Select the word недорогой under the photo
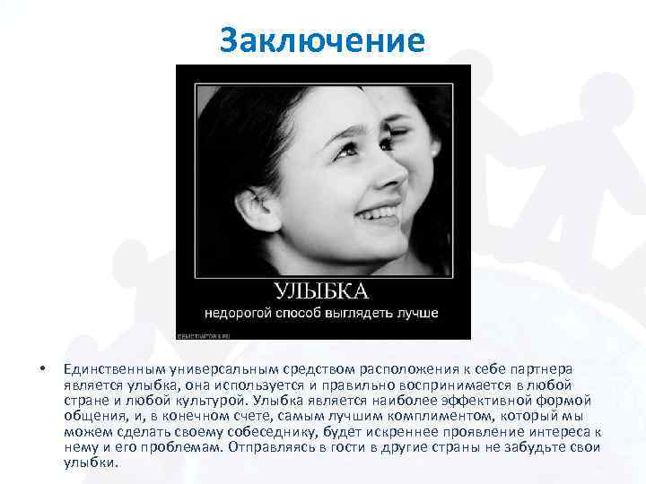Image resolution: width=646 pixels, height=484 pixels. pos(240,314)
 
